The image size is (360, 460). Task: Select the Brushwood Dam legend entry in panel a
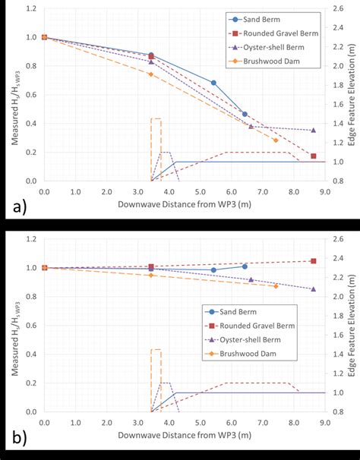(275, 61)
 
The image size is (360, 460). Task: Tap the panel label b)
(14, 439)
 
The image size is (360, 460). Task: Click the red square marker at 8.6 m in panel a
(314, 156)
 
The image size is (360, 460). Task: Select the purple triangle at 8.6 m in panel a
(314, 130)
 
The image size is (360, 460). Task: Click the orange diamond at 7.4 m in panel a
(276, 140)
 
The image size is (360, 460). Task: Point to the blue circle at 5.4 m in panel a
(213, 83)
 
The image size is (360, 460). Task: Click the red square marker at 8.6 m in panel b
(314, 260)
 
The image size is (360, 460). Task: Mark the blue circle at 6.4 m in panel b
(245, 266)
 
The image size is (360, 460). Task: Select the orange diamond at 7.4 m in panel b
(276, 286)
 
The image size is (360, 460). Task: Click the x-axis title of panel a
(184, 205)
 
